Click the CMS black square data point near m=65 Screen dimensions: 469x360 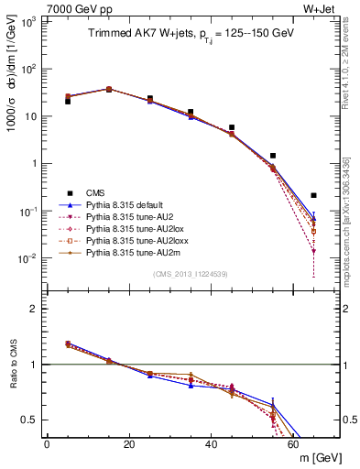click(x=313, y=195)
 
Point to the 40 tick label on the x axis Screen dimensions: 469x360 click(x=211, y=444)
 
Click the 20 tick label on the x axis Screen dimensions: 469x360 click(x=128, y=444)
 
